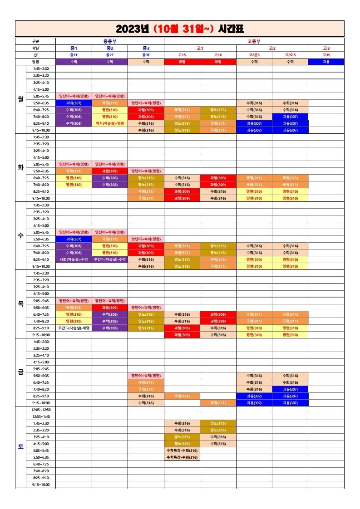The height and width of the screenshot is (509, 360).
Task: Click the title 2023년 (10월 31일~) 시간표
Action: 180,29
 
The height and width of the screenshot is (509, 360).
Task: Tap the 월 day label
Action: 20,99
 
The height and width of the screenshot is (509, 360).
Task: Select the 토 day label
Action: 20,447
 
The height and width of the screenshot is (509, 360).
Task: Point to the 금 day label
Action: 20,372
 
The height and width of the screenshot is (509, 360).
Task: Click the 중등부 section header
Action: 109,41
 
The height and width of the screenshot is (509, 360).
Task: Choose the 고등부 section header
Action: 254,41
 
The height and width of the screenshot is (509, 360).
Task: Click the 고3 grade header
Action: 326,48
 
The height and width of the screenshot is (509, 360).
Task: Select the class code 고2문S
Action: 254,55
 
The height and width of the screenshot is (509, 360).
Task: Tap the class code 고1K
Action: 218,55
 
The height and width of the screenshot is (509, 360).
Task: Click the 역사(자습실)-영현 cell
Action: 109,123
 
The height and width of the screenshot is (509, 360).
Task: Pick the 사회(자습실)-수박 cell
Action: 74,260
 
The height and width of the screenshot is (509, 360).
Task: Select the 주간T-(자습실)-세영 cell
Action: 74,328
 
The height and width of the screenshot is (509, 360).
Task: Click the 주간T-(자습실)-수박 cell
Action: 109,260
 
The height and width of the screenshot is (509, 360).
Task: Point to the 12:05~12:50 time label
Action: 41,410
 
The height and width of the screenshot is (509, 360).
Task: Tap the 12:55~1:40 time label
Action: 41,416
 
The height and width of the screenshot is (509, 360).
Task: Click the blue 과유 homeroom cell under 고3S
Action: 326,62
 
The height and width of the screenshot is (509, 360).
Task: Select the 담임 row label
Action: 35,62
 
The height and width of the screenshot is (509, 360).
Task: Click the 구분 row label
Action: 35,41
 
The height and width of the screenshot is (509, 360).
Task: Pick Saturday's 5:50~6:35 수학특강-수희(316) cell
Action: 182,457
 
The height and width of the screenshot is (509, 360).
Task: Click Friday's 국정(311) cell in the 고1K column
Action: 218,403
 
